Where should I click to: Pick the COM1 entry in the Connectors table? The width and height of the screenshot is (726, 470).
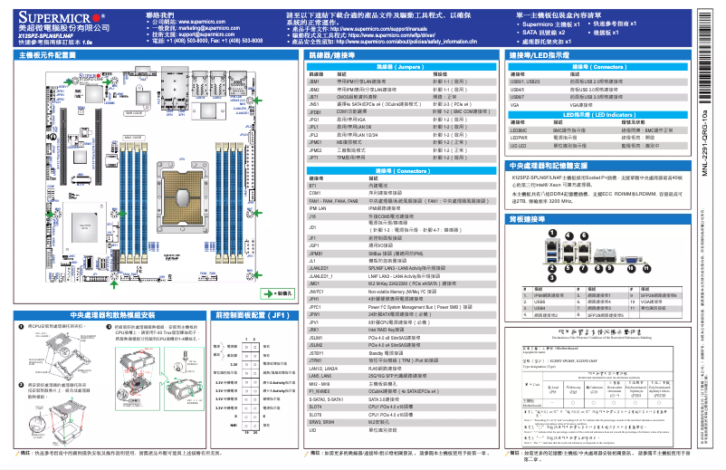pyautogui.click(x=315, y=193)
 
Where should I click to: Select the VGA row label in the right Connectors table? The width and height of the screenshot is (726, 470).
pyautogui.click(x=515, y=105)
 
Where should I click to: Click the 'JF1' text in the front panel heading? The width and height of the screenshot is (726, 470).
pyautogui.click(x=280, y=316)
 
